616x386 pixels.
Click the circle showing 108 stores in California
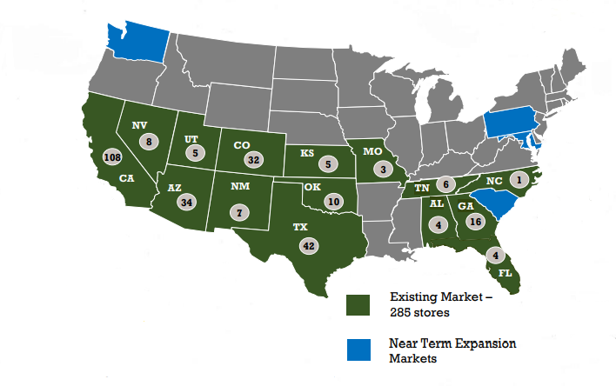click(110, 157)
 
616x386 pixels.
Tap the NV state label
click(139, 125)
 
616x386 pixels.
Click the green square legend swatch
click(358, 305)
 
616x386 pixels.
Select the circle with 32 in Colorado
click(254, 159)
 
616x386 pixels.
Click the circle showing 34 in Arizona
click(184, 202)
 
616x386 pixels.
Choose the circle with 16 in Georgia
click(475, 221)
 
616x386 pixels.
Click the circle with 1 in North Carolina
click(520, 179)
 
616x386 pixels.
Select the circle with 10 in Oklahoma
click(333, 202)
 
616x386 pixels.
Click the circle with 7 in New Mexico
click(239, 210)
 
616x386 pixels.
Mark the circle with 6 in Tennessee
click(444, 183)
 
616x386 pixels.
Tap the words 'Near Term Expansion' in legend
click(452, 343)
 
